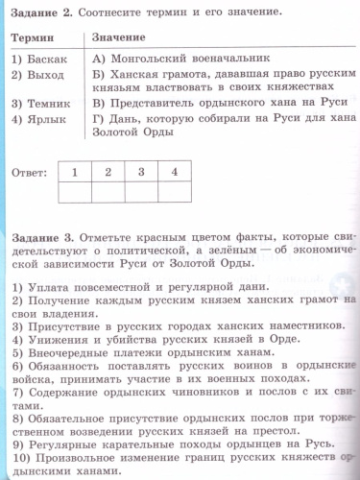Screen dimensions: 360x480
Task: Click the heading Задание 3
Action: (x=39, y=236)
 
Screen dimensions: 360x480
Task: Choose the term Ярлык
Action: (x=44, y=118)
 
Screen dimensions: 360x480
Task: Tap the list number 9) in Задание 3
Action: (x=18, y=444)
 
